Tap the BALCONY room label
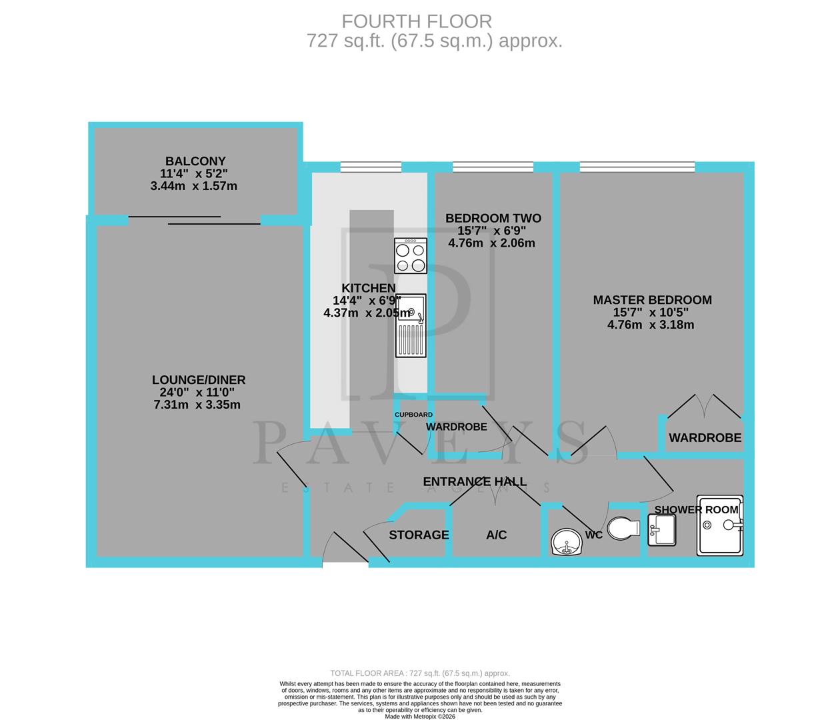[195, 161]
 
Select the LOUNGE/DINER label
[199, 380]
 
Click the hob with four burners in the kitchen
[411, 257]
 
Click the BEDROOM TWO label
[493, 218]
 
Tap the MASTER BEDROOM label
[652, 300]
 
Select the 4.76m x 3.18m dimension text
[651, 325]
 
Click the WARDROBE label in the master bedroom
[705, 438]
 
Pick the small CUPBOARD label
[413, 415]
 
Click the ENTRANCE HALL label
[475, 481]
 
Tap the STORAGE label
[419, 535]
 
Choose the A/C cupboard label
[496, 535]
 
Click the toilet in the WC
[623, 528]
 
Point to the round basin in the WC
[567, 542]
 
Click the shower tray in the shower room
[720, 525]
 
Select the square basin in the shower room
[661, 531]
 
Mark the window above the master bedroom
[637, 167]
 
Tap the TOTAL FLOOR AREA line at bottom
[420, 673]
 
